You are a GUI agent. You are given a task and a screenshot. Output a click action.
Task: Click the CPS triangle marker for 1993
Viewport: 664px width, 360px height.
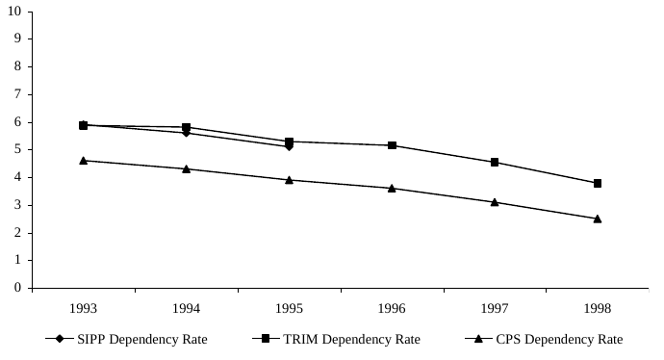pyautogui.click(x=84, y=160)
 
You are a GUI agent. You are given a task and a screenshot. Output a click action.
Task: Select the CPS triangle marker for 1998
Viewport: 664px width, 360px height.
pyautogui.click(x=598, y=219)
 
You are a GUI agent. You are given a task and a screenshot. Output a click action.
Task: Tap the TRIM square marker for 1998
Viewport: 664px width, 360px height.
pyautogui.click(x=598, y=183)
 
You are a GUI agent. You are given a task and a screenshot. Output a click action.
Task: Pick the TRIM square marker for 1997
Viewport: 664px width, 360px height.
pyautogui.click(x=495, y=162)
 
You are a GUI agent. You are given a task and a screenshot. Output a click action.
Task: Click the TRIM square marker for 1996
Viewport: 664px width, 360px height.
pyautogui.click(x=392, y=145)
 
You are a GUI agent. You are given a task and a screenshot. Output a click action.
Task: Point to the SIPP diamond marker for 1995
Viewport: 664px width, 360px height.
pyautogui.click(x=289, y=146)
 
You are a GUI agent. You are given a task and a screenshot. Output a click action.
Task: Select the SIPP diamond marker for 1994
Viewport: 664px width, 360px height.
pyautogui.click(x=186, y=133)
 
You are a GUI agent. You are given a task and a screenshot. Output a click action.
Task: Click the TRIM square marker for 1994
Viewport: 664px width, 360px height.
pyautogui.click(x=186, y=127)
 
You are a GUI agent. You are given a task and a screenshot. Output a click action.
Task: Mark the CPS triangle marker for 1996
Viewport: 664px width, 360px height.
pyautogui.click(x=392, y=188)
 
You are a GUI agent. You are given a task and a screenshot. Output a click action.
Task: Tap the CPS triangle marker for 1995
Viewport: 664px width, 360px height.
pyautogui.click(x=289, y=179)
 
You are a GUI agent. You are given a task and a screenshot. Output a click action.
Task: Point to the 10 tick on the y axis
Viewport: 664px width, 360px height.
pyautogui.click(x=15, y=12)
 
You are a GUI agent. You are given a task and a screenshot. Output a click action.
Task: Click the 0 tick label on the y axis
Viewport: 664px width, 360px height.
pyautogui.click(x=18, y=288)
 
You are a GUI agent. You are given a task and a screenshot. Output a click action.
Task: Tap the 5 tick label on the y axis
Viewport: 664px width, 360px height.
pyautogui.click(x=18, y=149)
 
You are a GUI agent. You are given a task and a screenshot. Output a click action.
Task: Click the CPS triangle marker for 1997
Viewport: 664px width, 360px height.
pyautogui.click(x=495, y=202)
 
